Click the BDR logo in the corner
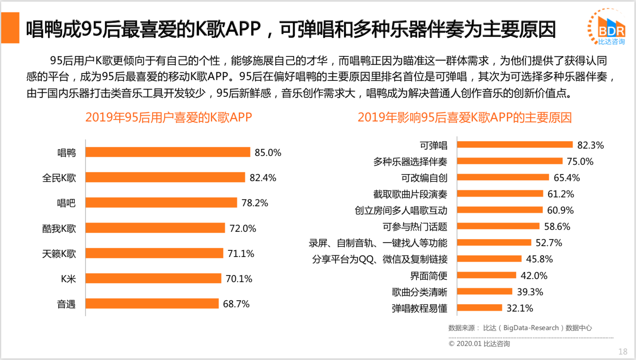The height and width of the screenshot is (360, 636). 607,27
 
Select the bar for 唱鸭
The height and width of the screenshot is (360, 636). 168,152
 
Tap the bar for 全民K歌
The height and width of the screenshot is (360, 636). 165,177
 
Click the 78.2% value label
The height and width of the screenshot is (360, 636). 255,203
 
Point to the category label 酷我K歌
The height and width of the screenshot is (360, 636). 59,228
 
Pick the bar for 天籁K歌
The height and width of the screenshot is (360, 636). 154,253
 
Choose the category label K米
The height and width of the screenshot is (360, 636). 68,279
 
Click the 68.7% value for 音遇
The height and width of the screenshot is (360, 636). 236,304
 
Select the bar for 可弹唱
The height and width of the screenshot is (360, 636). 515,145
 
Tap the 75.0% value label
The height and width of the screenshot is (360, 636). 580,161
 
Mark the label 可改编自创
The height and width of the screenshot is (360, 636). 424,178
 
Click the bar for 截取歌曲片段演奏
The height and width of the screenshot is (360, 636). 500,194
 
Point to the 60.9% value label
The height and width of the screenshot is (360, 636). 560,210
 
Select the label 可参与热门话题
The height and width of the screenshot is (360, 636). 415,227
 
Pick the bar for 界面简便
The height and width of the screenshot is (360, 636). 486,275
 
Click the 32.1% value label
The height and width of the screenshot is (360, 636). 520,308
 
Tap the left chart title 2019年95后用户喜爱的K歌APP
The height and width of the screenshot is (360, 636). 169,117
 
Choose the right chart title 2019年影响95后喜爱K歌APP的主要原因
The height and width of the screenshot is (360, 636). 465,117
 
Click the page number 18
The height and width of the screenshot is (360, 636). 623,351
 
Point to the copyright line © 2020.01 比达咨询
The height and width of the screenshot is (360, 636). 479,344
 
